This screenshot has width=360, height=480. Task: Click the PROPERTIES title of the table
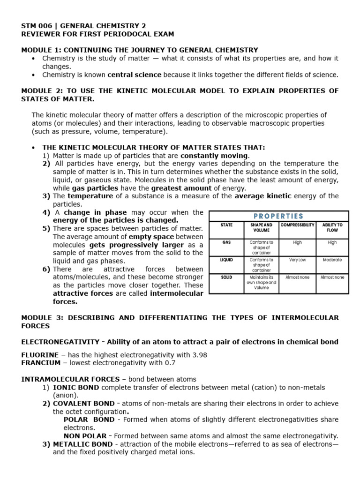[278, 216]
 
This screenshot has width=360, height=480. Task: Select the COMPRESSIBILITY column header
[297, 225]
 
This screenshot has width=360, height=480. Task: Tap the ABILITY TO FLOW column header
[332, 228]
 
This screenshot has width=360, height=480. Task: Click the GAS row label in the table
[226, 243]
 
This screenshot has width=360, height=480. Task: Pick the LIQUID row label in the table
[226, 260]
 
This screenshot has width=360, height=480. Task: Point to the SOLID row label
[226, 277]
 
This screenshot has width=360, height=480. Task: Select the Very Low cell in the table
[297, 260]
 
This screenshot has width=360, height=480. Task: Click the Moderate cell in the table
[332, 260]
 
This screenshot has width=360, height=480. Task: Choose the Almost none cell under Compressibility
[297, 277]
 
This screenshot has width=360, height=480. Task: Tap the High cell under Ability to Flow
[332, 243]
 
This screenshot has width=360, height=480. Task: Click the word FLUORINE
[40, 355]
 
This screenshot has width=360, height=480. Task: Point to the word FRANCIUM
[40, 363]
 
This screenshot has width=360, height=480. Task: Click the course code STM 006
[38, 26]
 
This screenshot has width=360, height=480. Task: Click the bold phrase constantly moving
[214, 156]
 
